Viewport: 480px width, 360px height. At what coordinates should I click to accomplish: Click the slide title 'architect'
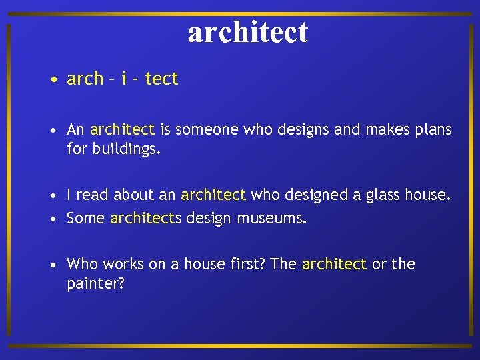pyautogui.click(x=247, y=31)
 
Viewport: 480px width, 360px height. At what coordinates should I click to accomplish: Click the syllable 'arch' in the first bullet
pyautogui.click(x=85, y=79)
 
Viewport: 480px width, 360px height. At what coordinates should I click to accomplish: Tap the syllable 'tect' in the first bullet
pyautogui.click(x=161, y=79)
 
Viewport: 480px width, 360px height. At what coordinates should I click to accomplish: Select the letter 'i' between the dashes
pyautogui.click(x=125, y=79)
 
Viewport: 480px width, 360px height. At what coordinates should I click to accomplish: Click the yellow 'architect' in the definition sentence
pyautogui.click(x=122, y=129)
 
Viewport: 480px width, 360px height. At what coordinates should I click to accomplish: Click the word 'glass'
pyautogui.click(x=383, y=195)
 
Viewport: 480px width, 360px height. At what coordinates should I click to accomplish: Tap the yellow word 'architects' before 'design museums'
pyautogui.click(x=145, y=218)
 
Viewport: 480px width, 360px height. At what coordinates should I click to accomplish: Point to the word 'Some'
pyautogui.click(x=86, y=218)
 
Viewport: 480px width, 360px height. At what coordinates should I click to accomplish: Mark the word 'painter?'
pyautogui.click(x=96, y=283)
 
